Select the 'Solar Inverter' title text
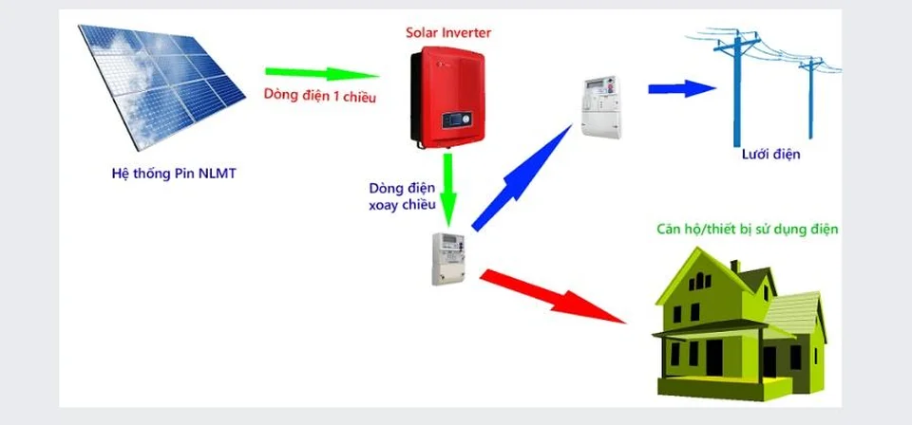pyautogui.click(x=448, y=33)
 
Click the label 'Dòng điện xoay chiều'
pyautogui.click(x=401, y=196)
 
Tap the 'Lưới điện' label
pyautogui.click(x=770, y=154)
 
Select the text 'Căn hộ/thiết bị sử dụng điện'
pyautogui.click(x=747, y=231)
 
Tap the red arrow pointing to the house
pyautogui.click(x=555, y=298)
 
